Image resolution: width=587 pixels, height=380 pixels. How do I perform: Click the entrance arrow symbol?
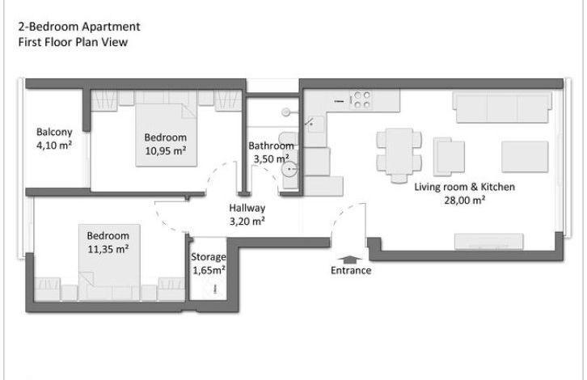point(350,260)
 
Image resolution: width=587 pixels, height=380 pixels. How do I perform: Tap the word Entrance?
point(351,270)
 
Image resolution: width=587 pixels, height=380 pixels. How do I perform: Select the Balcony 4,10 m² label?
point(54,138)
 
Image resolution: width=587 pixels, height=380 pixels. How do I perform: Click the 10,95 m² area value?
point(166,151)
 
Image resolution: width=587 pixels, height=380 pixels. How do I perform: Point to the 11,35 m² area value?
point(108,249)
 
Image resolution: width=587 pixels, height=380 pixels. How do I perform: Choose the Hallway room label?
point(247,208)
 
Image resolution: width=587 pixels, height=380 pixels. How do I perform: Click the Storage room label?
point(209,257)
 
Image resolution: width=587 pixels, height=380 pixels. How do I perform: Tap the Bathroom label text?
point(271,146)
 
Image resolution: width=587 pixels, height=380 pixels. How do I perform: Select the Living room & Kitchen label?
point(465,187)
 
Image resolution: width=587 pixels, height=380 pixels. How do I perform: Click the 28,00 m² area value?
point(465,201)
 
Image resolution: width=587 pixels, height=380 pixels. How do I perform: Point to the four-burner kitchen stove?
point(361,100)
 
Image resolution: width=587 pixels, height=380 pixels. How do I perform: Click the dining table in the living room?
point(399,152)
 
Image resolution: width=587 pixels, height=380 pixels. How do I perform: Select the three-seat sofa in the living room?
point(502,107)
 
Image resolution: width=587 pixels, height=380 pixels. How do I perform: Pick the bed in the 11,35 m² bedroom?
point(109,263)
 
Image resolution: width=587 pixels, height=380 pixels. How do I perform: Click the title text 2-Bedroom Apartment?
point(79,27)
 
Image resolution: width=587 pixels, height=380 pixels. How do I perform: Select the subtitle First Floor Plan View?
point(73,42)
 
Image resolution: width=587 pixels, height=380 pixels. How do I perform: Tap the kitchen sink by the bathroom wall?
point(315,125)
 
